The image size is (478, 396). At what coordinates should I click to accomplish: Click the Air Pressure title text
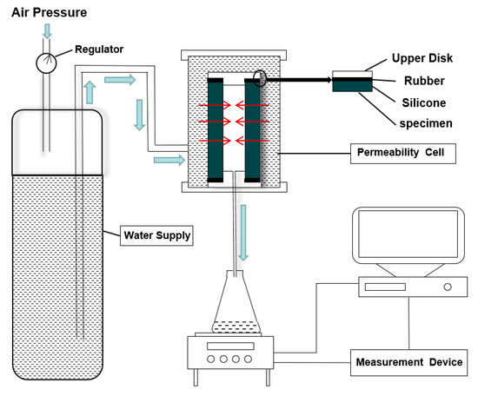(x=49, y=13)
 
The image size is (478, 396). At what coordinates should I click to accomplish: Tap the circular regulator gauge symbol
(x=46, y=63)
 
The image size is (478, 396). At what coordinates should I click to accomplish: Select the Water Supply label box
(x=156, y=235)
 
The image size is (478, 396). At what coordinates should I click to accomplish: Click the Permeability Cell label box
(x=403, y=154)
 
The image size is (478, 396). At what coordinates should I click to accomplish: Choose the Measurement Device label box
(x=408, y=362)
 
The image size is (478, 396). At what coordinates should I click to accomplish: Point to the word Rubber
(x=424, y=81)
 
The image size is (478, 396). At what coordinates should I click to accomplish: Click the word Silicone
(x=424, y=103)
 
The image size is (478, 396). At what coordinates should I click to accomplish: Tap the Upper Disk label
(x=422, y=58)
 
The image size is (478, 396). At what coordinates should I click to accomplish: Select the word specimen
(x=426, y=123)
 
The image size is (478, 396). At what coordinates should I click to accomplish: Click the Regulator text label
(x=99, y=49)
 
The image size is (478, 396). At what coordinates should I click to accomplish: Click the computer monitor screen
(x=408, y=234)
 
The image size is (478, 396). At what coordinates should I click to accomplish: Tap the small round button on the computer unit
(x=448, y=287)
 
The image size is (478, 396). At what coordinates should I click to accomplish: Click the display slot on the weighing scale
(x=230, y=346)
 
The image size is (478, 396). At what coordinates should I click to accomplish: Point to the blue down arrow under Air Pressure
(x=47, y=31)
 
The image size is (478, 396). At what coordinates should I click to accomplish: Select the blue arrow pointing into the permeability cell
(x=169, y=160)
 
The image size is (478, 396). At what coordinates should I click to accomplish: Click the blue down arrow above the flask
(x=243, y=233)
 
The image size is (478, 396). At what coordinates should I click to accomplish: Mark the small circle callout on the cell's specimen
(x=260, y=78)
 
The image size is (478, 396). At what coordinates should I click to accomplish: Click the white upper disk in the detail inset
(x=352, y=74)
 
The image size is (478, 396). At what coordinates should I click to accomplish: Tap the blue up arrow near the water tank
(x=90, y=93)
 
